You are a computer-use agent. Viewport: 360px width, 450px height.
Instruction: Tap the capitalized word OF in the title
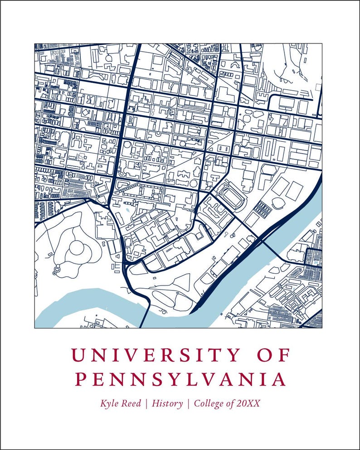pos(272,355)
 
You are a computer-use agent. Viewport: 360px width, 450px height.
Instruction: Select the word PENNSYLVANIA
pos(180,379)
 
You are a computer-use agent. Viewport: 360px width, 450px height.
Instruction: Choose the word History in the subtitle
pos(168,403)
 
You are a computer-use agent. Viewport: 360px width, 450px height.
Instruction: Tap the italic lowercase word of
pos(231,403)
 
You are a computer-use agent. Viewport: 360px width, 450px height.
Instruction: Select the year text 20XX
pos(248,403)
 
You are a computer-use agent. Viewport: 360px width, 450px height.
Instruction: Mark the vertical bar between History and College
pos(188,403)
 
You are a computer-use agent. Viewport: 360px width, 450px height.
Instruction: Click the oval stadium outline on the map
pos(233,198)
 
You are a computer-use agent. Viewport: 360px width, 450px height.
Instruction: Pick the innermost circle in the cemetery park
pos(77,248)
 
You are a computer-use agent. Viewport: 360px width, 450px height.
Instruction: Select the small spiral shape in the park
pos(55,272)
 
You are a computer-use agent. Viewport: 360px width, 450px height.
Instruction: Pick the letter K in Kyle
pos(104,403)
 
